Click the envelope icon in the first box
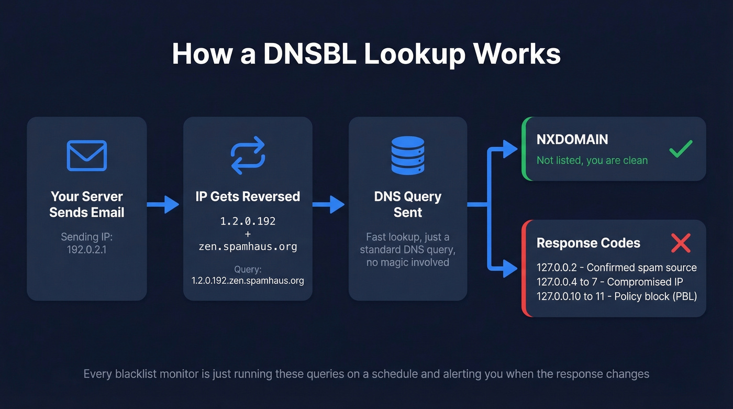87,156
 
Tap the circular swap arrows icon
248,156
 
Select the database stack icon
408,156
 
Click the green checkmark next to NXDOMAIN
681,149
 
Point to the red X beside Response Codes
681,243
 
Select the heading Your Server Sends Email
87,204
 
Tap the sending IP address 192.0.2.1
87,250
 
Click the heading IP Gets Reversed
248,196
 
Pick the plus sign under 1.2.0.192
248,234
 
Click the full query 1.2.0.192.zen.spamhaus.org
248,281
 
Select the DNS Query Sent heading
408,204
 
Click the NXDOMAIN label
572,139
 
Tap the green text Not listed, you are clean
592,160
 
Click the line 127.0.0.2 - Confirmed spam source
616,268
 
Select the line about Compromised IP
609,282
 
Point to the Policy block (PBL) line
616,296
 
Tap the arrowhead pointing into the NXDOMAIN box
510,149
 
